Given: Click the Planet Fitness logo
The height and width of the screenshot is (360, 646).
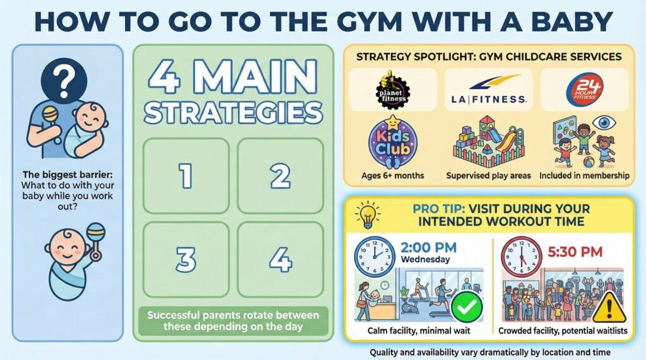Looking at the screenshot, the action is pyautogui.click(x=392, y=90).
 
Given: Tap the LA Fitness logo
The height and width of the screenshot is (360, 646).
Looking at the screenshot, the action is pyautogui.click(x=489, y=90).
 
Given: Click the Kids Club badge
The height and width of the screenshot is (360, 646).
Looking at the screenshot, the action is pyautogui.click(x=392, y=142).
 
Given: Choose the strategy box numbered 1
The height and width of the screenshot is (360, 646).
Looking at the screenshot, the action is pyautogui.click(x=186, y=176).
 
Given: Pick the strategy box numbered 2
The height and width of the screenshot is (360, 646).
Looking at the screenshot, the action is pyautogui.click(x=281, y=176).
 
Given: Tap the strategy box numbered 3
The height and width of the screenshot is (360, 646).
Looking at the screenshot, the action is pyautogui.click(x=186, y=260).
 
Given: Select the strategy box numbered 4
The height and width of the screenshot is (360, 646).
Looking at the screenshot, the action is pyautogui.click(x=281, y=260).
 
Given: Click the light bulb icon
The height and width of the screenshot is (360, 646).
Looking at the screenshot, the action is pyautogui.click(x=368, y=214).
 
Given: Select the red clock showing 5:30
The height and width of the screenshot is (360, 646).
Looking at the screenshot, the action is pyautogui.click(x=522, y=257).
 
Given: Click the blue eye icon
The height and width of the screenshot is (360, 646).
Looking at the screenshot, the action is pyautogui.click(x=604, y=122).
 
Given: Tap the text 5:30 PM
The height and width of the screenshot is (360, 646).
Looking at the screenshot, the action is pyautogui.click(x=575, y=252).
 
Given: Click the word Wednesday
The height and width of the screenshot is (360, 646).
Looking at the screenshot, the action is pyautogui.click(x=425, y=260).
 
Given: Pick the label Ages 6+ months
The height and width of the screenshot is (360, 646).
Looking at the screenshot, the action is pyautogui.click(x=392, y=175).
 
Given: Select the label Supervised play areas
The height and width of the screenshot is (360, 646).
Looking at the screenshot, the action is pyautogui.click(x=489, y=175).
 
